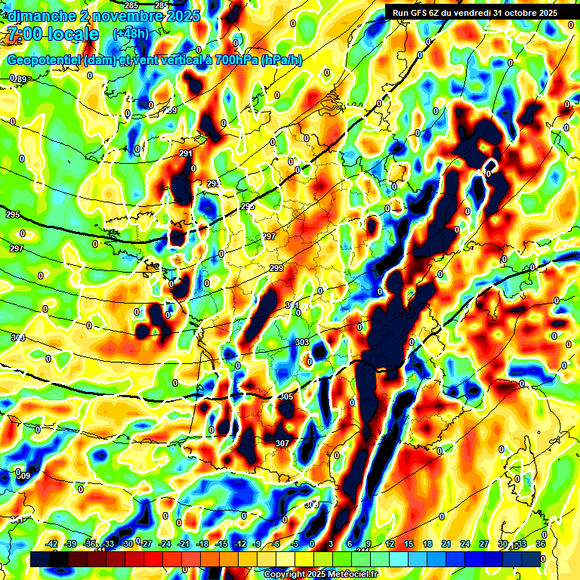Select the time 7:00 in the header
click(x=23, y=34)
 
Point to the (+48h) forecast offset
click(x=131, y=34)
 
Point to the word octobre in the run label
click(x=522, y=13)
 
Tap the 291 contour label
click(x=186, y=154)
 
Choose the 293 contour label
click(x=214, y=184)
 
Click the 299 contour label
click(x=276, y=269)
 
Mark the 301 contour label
click(x=292, y=305)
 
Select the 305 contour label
click(x=285, y=396)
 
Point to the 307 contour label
click(x=282, y=443)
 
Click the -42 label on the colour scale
click(x=52, y=544)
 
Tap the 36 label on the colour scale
click(x=540, y=544)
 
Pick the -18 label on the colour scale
click(x=202, y=544)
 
